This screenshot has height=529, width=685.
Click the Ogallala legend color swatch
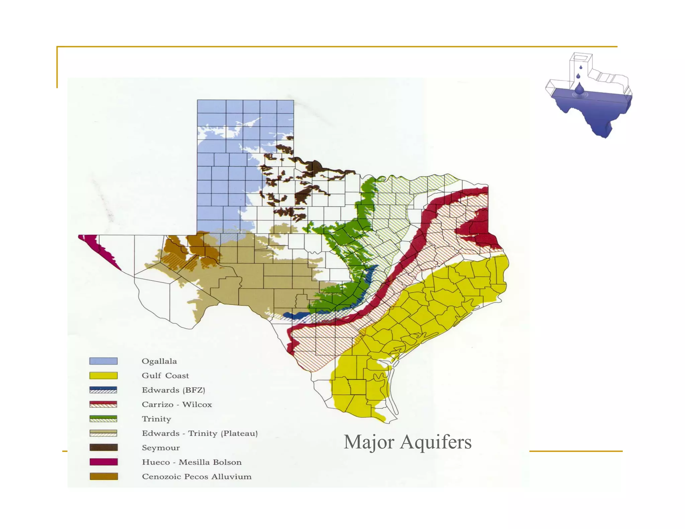tap(103, 361)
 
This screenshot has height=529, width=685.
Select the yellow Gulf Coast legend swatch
tap(103, 376)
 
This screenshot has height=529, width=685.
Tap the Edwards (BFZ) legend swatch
tap(103, 390)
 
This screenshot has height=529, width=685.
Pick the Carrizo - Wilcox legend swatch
tap(103, 404)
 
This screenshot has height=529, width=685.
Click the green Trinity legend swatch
tap(103, 419)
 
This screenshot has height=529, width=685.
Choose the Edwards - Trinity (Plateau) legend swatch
tap(103, 433)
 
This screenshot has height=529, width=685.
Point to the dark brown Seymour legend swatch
tap(103, 447)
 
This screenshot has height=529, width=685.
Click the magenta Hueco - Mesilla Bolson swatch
tap(103, 462)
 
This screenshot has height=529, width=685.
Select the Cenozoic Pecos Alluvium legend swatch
tap(103, 476)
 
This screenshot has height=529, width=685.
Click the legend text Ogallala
tap(159, 361)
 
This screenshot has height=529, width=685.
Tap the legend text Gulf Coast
tap(165, 376)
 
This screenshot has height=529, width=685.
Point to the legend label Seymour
tap(161, 448)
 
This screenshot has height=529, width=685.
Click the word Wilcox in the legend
tap(197, 405)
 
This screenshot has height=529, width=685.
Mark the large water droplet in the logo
tap(579, 89)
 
